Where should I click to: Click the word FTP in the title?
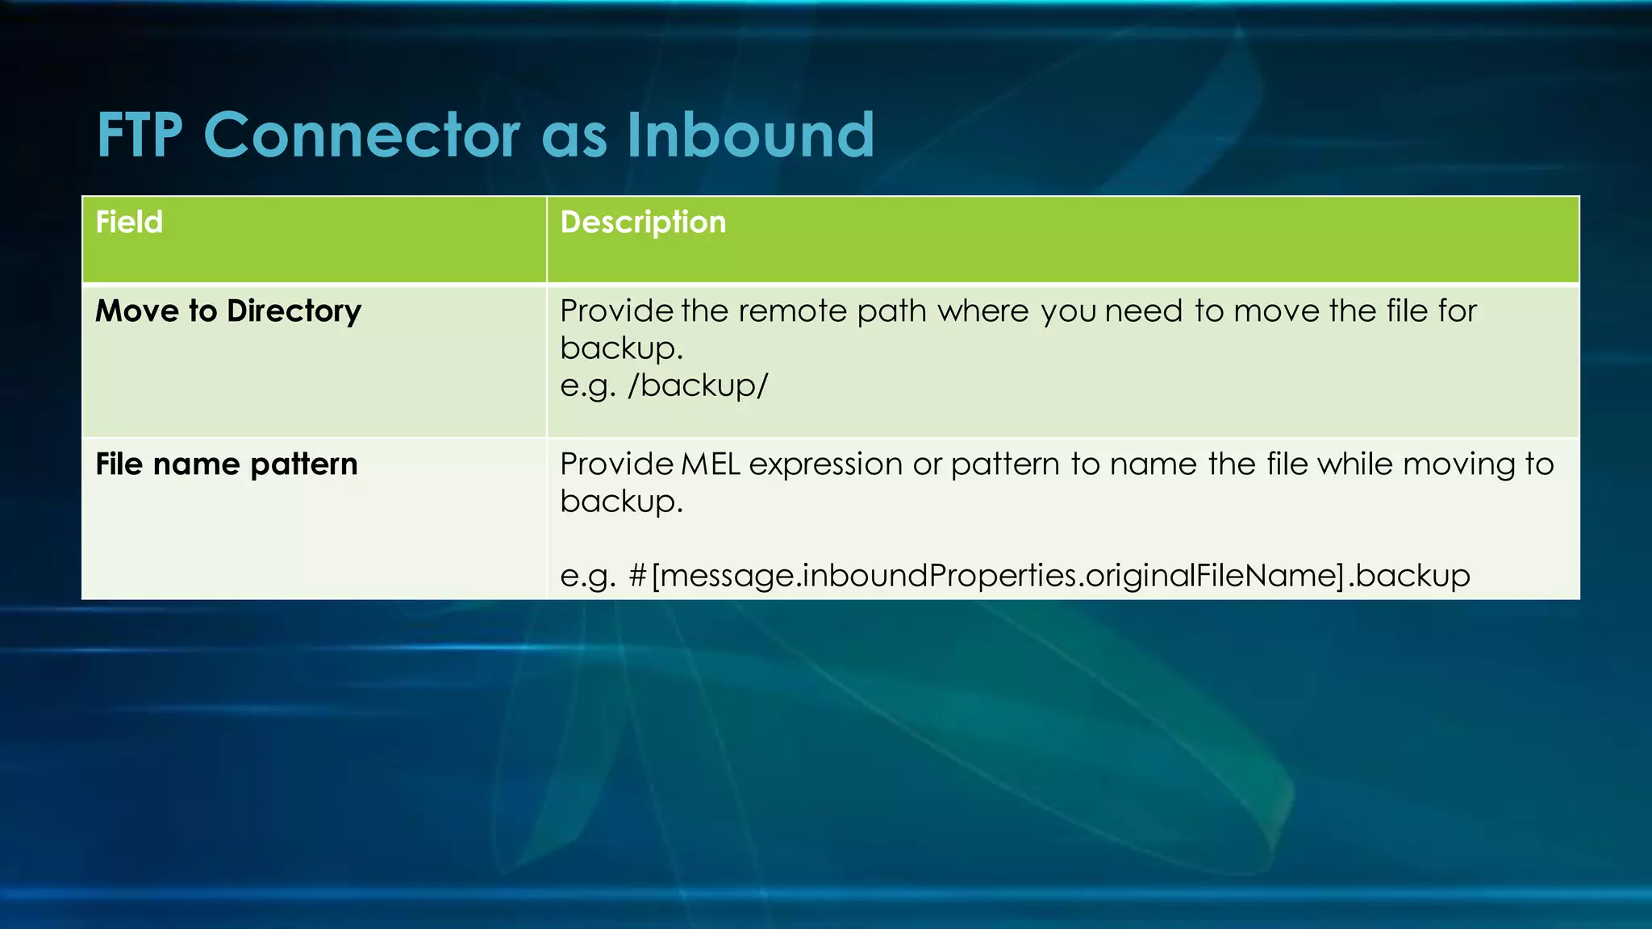(140, 135)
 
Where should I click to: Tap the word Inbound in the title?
(750, 135)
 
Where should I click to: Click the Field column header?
(129, 222)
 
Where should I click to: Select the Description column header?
(643, 222)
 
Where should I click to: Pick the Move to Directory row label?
(228, 311)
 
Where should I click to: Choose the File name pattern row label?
(226, 464)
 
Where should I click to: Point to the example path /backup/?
(698, 385)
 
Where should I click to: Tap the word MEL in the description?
(711, 464)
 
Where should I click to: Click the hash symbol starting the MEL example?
(637, 576)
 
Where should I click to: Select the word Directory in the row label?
(294, 311)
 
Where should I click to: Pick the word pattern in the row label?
(303, 464)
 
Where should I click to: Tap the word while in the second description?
(1356, 464)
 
